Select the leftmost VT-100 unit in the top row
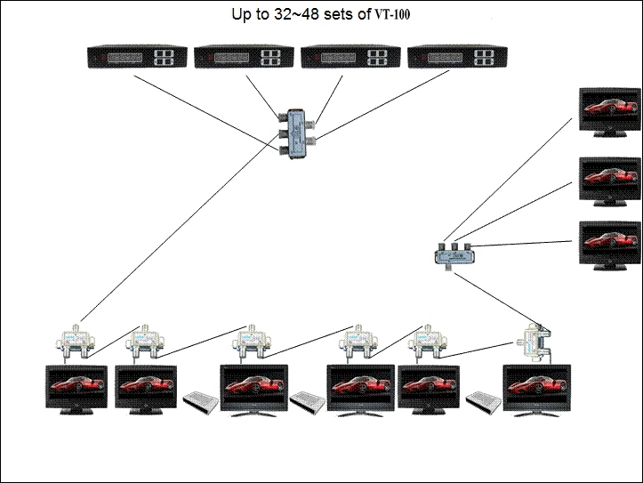136,58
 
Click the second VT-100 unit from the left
244,58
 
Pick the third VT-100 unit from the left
350,58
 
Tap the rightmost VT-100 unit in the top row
456,58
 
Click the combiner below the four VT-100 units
294,133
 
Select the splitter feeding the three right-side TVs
454,255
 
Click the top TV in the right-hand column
609,111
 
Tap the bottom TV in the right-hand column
609,245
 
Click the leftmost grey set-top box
200,402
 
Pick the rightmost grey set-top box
485,402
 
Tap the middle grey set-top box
307,402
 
